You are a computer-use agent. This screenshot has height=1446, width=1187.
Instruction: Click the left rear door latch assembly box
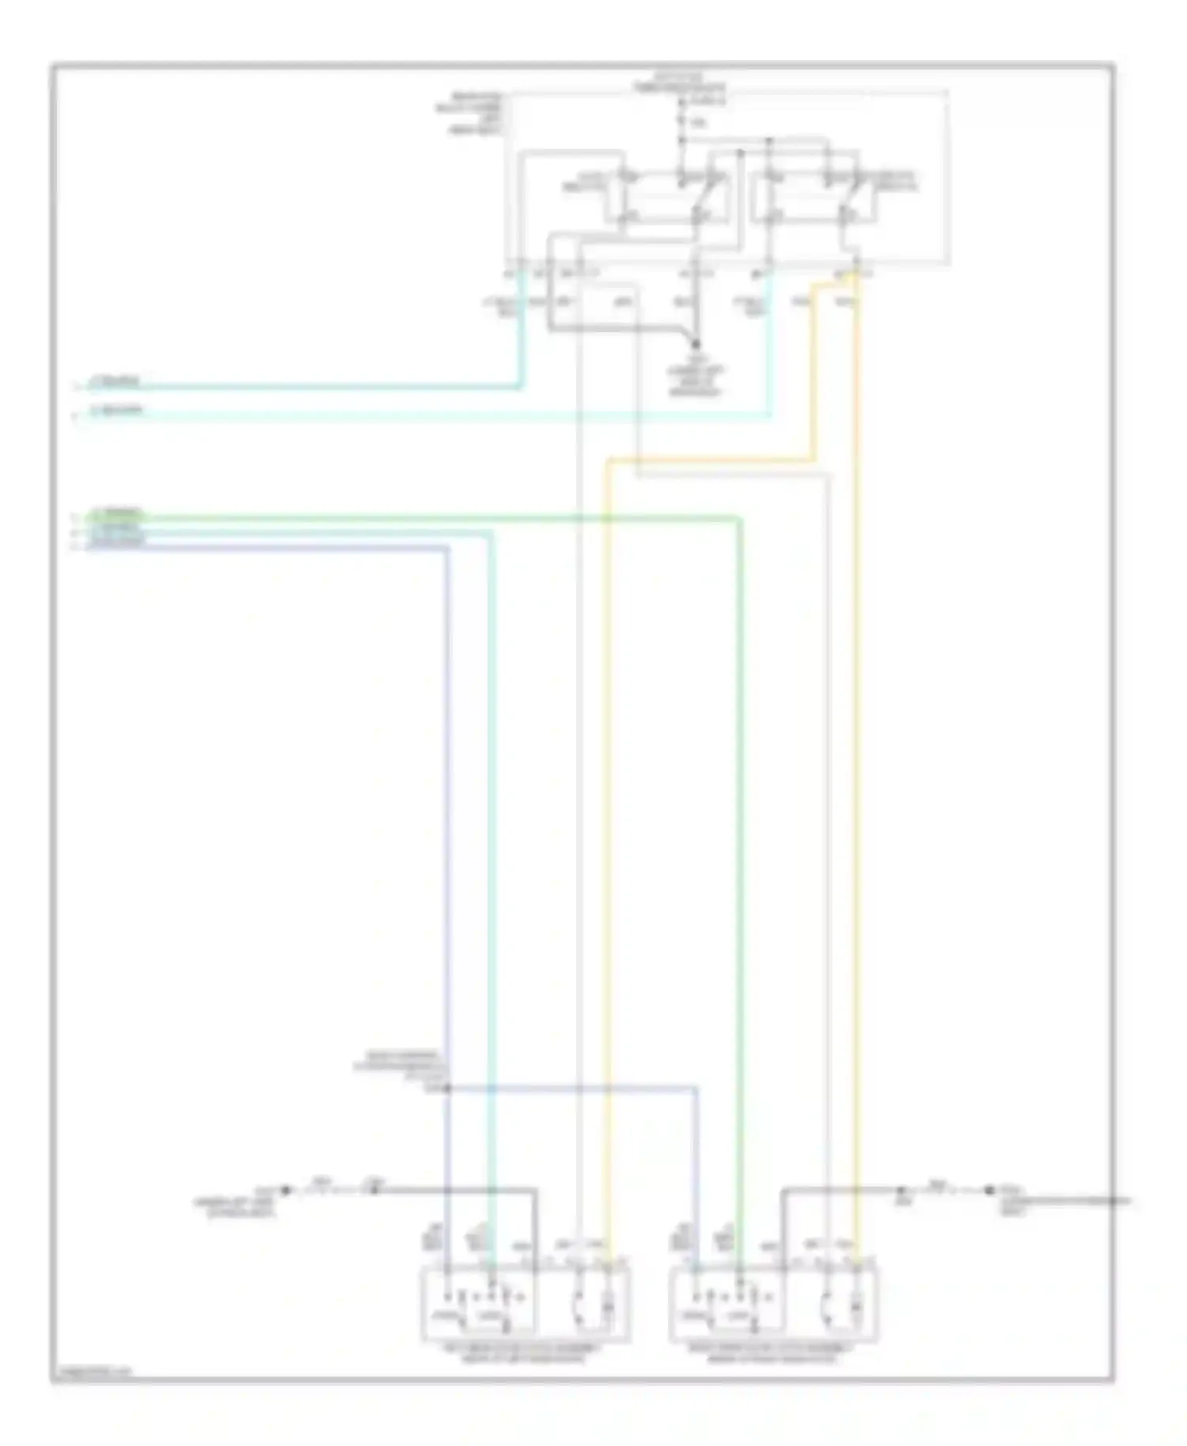pyautogui.click(x=525, y=1303)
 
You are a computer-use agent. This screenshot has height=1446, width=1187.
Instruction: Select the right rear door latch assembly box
pyautogui.click(x=773, y=1303)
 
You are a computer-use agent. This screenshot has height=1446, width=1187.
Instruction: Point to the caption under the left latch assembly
pyautogui.click(x=525, y=1353)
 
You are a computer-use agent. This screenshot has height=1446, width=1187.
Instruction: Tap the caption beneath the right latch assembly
pyautogui.click(x=773, y=1353)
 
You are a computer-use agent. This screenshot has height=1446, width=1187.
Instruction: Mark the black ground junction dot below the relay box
pyautogui.click(x=696, y=343)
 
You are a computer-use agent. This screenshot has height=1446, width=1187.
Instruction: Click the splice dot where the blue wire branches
pyautogui.click(x=446, y=1088)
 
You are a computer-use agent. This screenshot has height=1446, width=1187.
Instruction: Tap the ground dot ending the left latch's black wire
pyautogui.click(x=286, y=1189)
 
